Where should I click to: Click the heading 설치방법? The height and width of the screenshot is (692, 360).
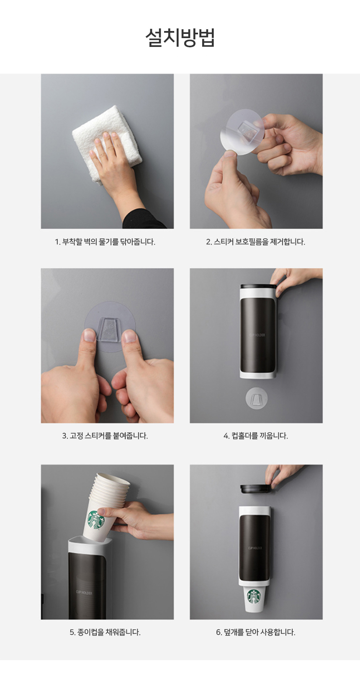click(180, 38)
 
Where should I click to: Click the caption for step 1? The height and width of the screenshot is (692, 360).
click(105, 242)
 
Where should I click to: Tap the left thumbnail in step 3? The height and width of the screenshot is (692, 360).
click(90, 335)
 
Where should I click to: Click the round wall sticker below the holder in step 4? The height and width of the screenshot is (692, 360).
click(256, 398)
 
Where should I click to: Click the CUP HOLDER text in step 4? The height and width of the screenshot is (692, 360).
click(257, 335)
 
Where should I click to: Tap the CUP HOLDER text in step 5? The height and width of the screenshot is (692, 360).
click(84, 593)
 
